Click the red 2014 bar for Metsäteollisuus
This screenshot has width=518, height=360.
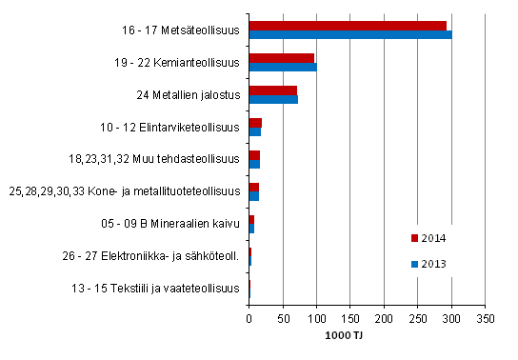coord(348,25)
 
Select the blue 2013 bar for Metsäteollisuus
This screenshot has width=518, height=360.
coord(350,35)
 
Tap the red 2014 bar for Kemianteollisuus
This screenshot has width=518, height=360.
coord(281,57)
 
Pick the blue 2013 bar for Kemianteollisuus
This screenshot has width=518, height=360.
coord(283,68)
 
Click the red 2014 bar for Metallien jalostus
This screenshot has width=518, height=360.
coord(272,90)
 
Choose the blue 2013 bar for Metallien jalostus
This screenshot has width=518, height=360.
coord(273,99)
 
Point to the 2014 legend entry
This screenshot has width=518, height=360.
coord(428,238)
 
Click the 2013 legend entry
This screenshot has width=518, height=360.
coord(428,264)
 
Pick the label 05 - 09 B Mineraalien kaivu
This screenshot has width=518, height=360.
coord(178,224)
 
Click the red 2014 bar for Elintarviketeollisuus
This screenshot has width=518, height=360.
coord(255,122)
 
